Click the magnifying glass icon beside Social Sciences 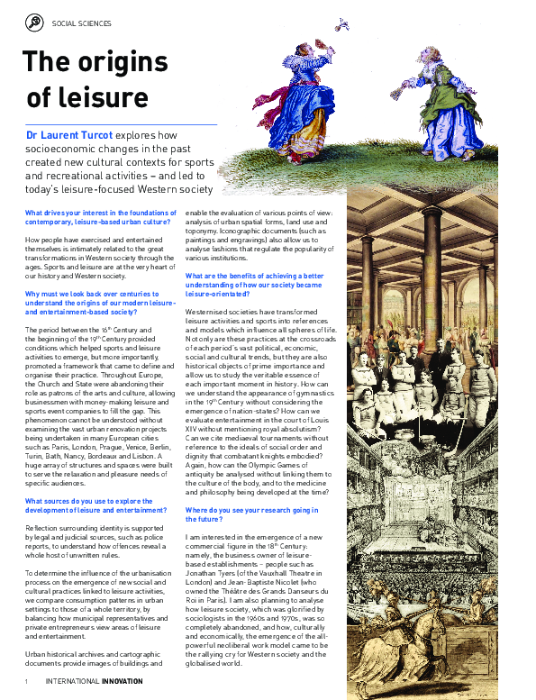34,23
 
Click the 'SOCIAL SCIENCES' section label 82,23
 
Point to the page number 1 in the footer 28,680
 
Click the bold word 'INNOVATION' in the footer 122,680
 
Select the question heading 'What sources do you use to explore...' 96,505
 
